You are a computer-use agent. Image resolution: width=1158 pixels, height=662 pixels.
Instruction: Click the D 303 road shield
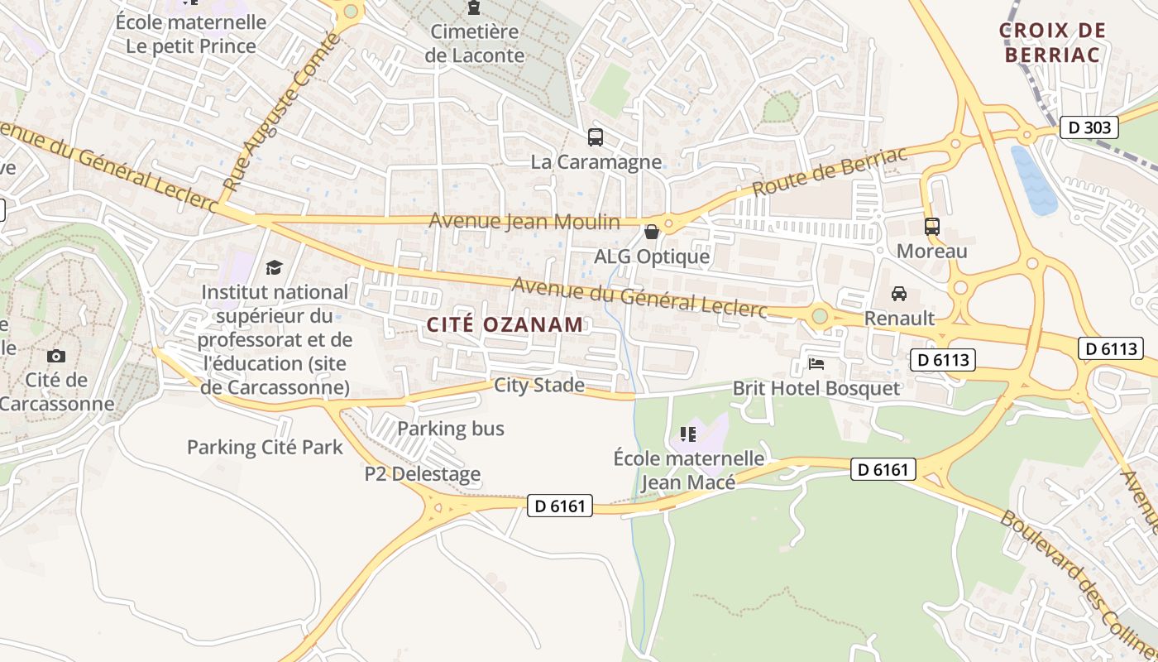(1089, 127)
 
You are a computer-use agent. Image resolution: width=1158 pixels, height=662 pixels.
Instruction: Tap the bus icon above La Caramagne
(595, 137)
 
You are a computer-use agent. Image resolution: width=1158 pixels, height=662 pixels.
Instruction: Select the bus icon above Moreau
(932, 226)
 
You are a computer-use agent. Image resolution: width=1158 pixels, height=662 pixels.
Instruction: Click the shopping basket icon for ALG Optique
(652, 232)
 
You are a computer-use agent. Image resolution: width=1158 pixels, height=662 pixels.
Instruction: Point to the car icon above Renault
(899, 294)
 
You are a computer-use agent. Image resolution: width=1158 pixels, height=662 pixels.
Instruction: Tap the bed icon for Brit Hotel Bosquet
(816, 364)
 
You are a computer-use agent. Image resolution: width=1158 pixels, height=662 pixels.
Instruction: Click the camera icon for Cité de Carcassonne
(56, 356)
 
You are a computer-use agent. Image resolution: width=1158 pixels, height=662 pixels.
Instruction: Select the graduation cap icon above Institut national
(274, 267)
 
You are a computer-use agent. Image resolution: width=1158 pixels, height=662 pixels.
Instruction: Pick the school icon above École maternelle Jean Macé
(687, 434)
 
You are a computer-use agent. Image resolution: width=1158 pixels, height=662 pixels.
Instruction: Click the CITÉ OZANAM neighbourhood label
(505, 324)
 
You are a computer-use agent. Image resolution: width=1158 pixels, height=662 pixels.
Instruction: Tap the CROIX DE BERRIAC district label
(1052, 43)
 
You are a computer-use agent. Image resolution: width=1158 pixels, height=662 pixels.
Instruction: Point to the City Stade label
(539, 385)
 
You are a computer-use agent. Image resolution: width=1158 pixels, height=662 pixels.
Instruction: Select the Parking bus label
(451, 429)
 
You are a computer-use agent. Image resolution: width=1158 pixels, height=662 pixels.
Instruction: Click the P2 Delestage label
(423, 474)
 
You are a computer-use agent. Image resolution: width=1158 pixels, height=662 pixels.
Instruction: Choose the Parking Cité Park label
(265, 448)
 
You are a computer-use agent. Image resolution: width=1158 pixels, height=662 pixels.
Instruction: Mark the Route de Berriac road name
(830, 173)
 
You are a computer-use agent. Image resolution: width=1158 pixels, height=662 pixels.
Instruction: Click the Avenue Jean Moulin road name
(524, 222)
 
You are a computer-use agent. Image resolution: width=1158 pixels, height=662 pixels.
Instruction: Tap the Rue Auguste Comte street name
(282, 113)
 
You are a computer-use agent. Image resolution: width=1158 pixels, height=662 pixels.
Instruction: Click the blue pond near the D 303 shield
(1034, 180)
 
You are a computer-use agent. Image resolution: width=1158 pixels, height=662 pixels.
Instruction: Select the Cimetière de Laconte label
(475, 44)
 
